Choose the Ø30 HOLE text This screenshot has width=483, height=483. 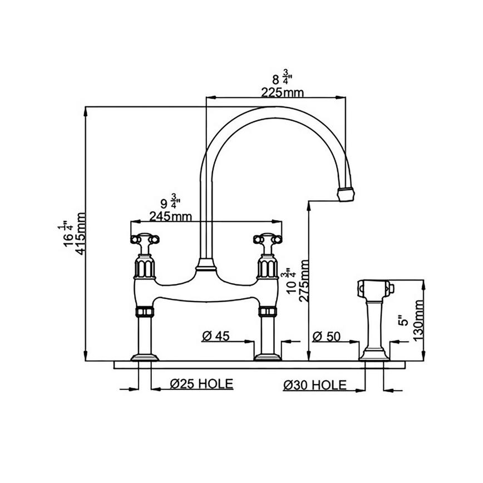point(315,384)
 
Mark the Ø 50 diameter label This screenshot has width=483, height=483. point(327,336)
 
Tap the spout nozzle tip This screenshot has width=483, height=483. point(346,194)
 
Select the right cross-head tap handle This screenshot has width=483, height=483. point(265,240)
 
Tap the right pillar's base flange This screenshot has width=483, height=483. point(265,356)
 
